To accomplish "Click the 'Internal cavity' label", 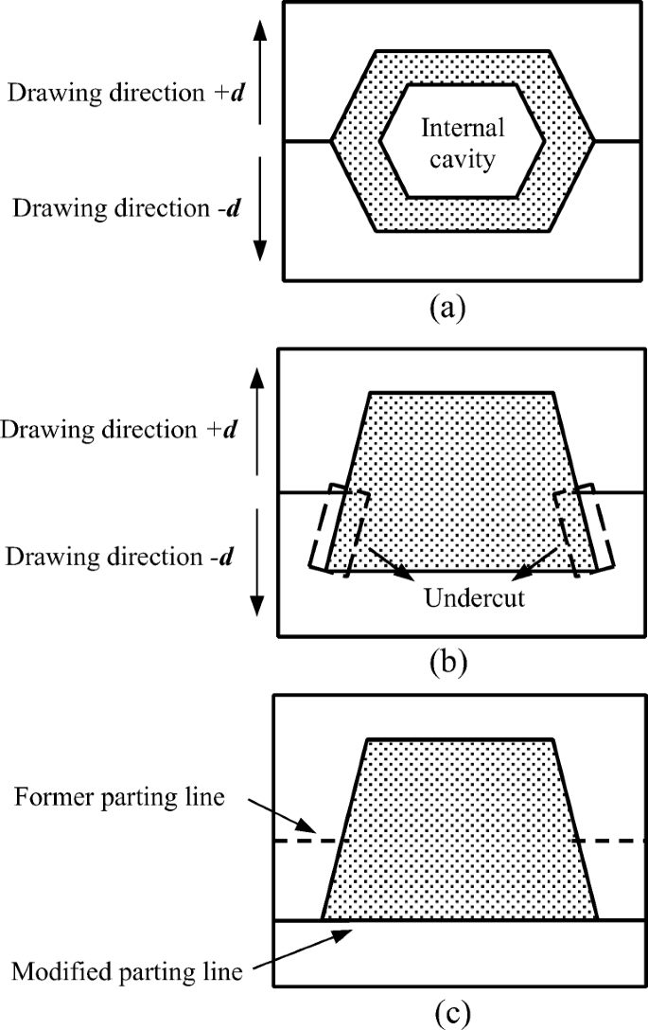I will click(x=463, y=144).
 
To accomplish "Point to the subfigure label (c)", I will click(x=446, y=1013).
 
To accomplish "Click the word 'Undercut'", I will click(x=461, y=599).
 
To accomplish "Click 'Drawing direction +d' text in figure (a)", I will click(x=123, y=93).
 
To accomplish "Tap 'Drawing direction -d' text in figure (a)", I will click(x=123, y=205).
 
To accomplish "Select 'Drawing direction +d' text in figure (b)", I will click(x=119, y=430).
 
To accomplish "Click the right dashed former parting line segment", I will click(x=610, y=841).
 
